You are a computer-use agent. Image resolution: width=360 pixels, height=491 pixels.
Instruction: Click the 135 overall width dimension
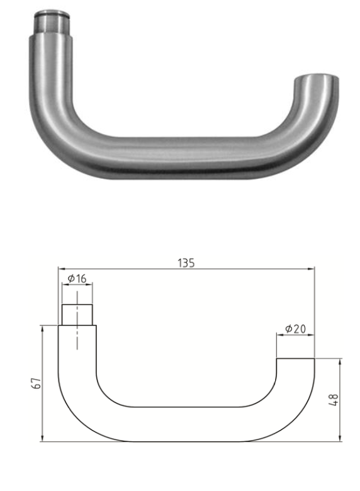(186, 263)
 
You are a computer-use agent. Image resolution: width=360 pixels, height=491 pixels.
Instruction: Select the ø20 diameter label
(295, 329)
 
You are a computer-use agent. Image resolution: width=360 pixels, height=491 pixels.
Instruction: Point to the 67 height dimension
(36, 383)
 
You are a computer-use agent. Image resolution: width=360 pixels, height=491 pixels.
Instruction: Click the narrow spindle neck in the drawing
(77, 313)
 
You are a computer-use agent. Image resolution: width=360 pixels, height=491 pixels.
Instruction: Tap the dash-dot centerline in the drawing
(77, 321)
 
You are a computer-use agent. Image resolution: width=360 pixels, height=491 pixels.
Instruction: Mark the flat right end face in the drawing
(295, 359)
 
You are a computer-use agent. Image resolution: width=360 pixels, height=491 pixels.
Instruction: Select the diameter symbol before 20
(288, 329)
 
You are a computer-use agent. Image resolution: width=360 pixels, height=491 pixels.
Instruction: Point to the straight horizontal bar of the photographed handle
(183, 154)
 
